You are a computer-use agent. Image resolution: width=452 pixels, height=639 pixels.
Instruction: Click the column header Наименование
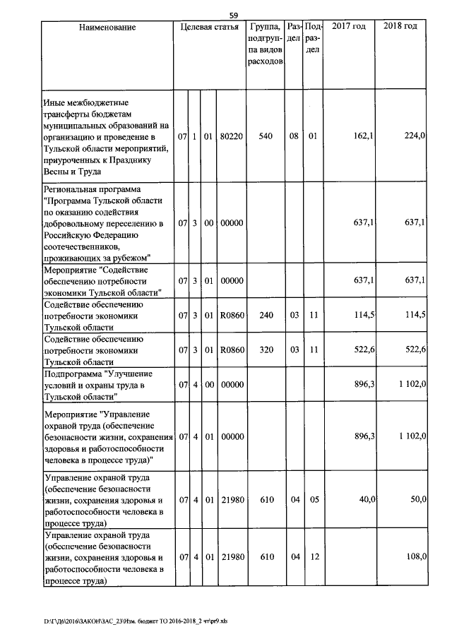[x=107, y=27]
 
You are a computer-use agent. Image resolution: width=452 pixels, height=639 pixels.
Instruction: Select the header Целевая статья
[x=210, y=27]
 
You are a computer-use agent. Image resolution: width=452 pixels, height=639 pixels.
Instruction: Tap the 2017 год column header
[x=349, y=27]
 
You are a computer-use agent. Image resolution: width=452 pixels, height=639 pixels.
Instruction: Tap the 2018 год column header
[x=400, y=27]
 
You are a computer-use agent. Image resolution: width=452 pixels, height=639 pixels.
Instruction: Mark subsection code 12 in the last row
[x=314, y=557]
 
